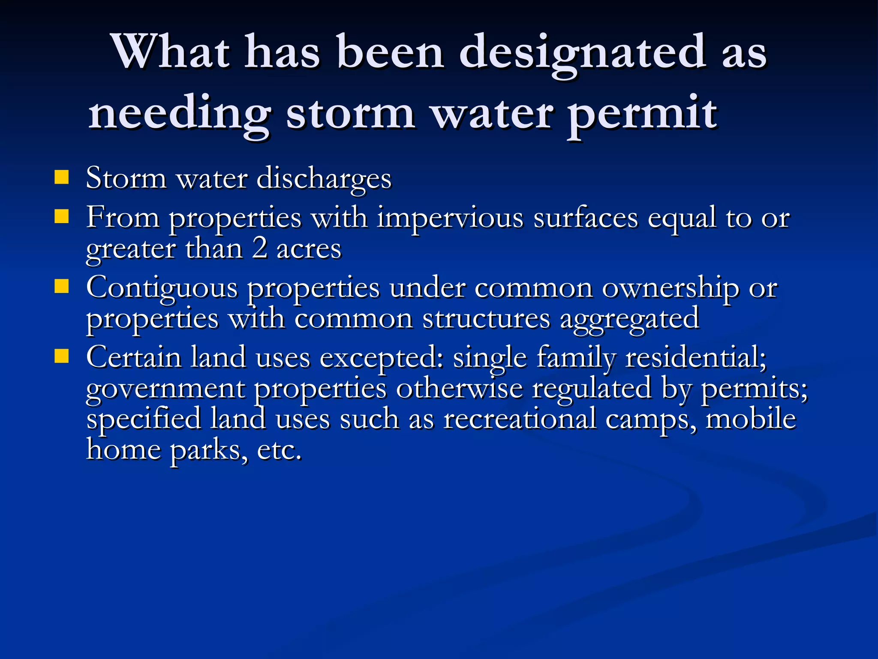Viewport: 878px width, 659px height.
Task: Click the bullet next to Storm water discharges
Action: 62,177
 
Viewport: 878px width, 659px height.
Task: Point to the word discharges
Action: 324,178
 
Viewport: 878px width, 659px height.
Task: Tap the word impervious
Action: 450,218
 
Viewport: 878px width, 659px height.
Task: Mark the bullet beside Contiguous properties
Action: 62,286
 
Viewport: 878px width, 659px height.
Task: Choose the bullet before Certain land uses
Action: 62,356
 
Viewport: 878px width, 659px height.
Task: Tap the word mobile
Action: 750,419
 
